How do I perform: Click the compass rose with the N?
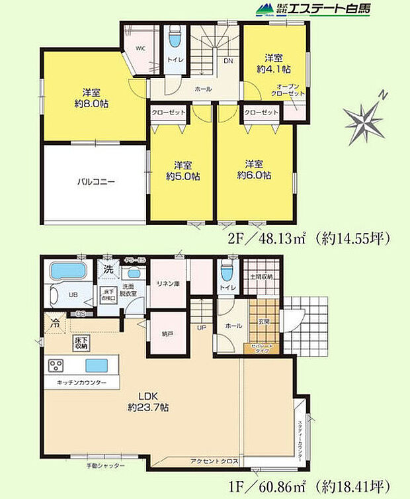(x=364, y=120)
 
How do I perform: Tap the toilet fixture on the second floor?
(x=175, y=38)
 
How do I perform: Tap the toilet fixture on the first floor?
(x=227, y=272)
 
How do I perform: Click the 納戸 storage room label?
(x=167, y=335)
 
